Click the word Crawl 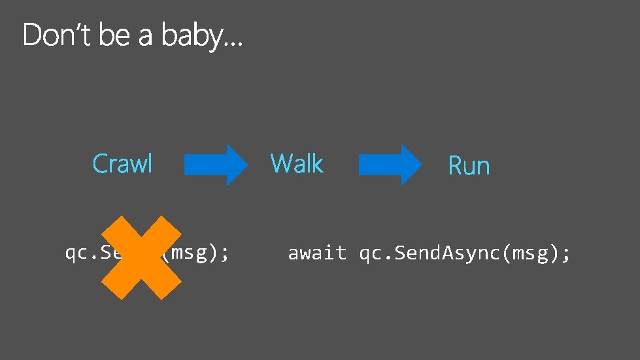[x=122, y=163]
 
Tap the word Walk [x=297, y=163]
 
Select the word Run [x=469, y=166]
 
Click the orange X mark [x=141, y=258]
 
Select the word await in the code [x=317, y=254]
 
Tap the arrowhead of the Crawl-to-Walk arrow [x=237, y=165]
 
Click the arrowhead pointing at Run [x=411, y=165]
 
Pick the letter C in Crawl [x=100, y=163]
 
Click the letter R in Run [x=454, y=166]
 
